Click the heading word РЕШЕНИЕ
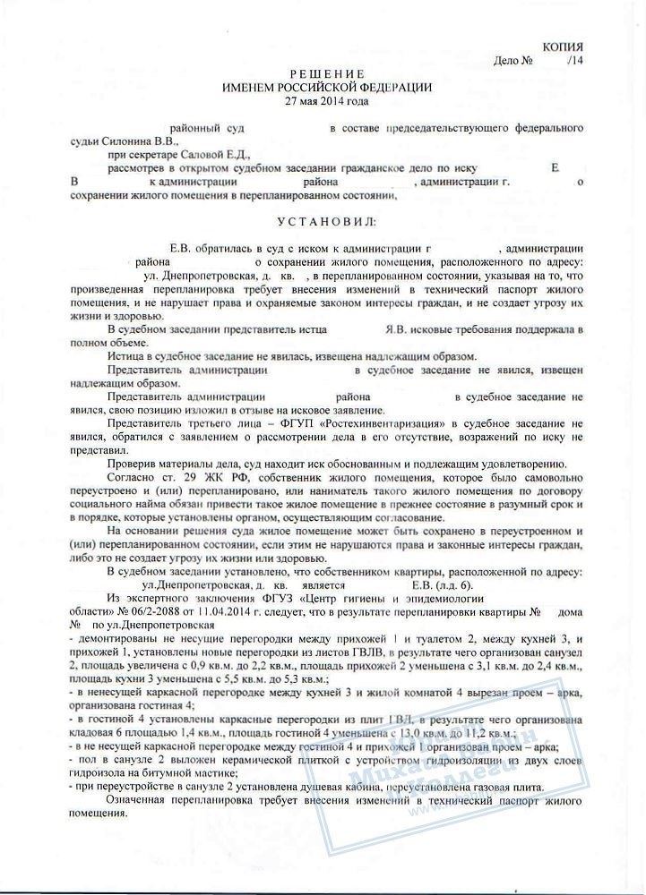point(326,72)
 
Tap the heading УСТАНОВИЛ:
point(326,219)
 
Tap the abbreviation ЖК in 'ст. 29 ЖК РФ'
point(195,479)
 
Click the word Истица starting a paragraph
point(125,354)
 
